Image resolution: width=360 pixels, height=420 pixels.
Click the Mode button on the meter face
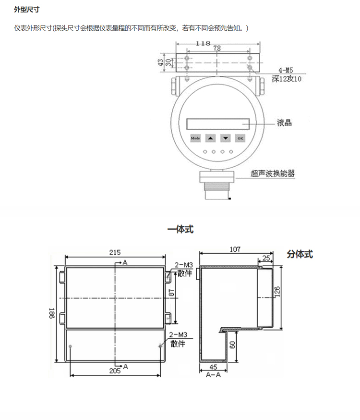(x=195, y=138)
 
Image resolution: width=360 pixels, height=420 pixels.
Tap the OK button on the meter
(x=240, y=138)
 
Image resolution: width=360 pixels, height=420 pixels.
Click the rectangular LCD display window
(x=218, y=124)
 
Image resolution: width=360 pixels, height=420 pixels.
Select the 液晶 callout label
(x=284, y=123)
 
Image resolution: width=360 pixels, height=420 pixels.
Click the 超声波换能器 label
(x=273, y=173)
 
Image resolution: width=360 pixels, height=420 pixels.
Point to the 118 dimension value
(x=203, y=43)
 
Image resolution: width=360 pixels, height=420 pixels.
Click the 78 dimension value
(x=217, y=48)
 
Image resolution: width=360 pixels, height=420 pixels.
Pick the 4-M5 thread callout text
(x=286, y=70)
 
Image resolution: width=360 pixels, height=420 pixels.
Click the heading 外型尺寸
(x=27, y=10)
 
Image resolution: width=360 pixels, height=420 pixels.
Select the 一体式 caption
(x=180, y=229)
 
